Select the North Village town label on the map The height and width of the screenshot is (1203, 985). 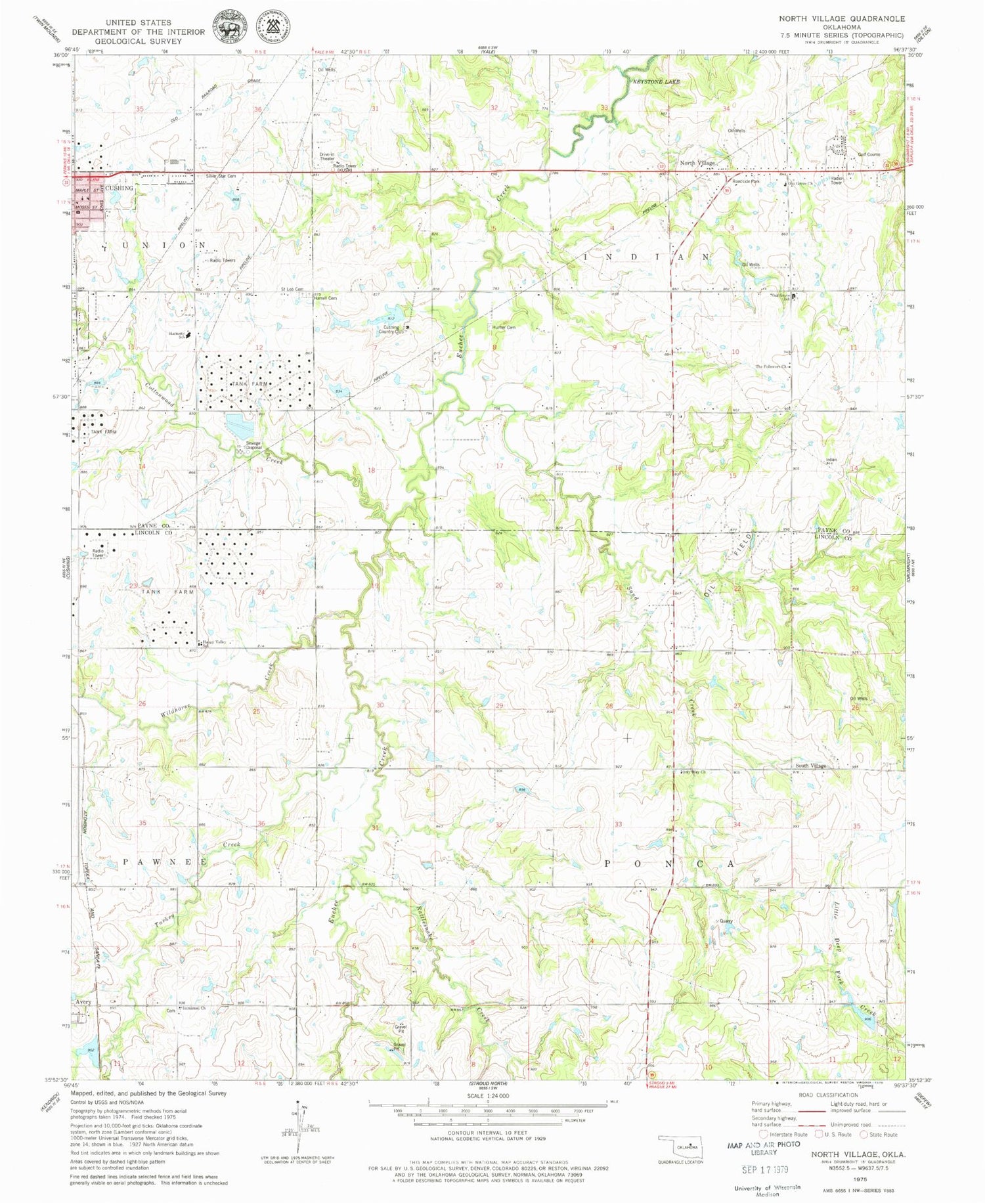[697, 163]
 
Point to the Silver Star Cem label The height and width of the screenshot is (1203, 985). [221, 177]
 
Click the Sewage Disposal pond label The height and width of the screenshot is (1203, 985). [253, 445]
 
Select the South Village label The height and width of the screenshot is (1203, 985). [810, 766]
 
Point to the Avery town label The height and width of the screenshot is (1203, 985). [83, 1002]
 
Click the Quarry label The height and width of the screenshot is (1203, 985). [726, 921]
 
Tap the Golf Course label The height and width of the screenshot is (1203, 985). [868, 154]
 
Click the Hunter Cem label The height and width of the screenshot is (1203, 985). [504, 327]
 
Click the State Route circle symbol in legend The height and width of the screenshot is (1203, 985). [864, 1134]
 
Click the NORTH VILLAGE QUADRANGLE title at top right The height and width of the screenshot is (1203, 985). [842, 18]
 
